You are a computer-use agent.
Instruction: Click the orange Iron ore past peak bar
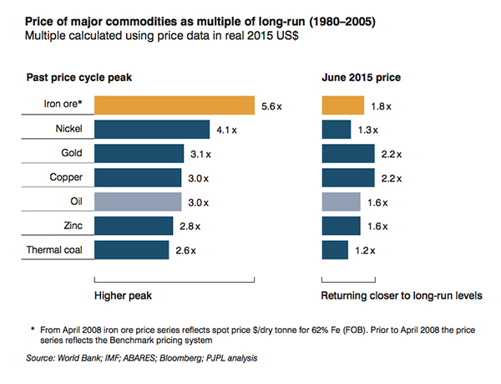174,105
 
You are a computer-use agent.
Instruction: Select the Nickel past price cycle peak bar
152,130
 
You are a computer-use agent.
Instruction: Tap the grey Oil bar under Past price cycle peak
138,202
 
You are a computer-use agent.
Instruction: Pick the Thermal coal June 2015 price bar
335,250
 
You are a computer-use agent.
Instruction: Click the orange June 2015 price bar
342,105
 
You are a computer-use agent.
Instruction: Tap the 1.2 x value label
365,251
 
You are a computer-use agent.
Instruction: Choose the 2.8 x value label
189,227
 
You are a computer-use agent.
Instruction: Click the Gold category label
72,154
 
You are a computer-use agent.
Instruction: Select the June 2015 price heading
360,78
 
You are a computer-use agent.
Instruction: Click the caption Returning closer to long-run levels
402,296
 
